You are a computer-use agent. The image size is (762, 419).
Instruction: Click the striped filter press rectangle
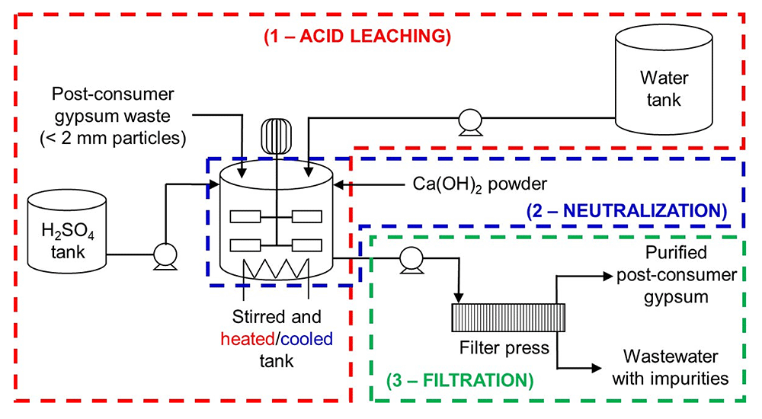pyautogui.click(x=507, y=316)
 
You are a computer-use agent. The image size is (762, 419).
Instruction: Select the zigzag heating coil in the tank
pyautogui.click(x=274, y=267)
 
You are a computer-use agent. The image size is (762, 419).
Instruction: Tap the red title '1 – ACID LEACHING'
pyautogui.click(x=358, y=37)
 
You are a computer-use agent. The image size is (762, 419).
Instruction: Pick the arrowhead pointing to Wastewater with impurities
pyautogui.click(x=607, y=366)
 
